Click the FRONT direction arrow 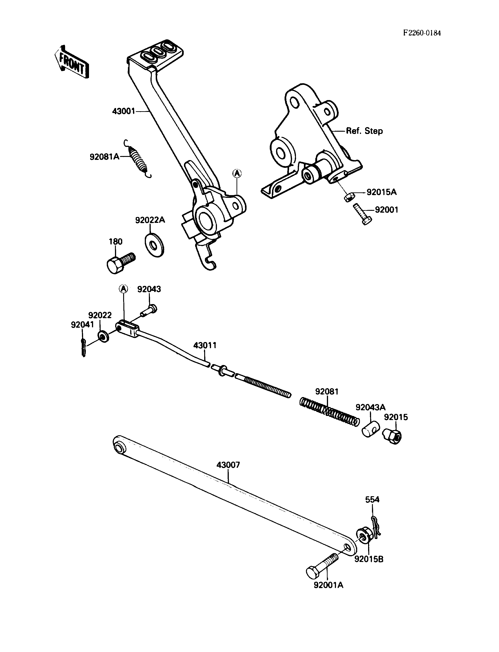[71, 62]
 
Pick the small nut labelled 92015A [349, 197]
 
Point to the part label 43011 [205, 345]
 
